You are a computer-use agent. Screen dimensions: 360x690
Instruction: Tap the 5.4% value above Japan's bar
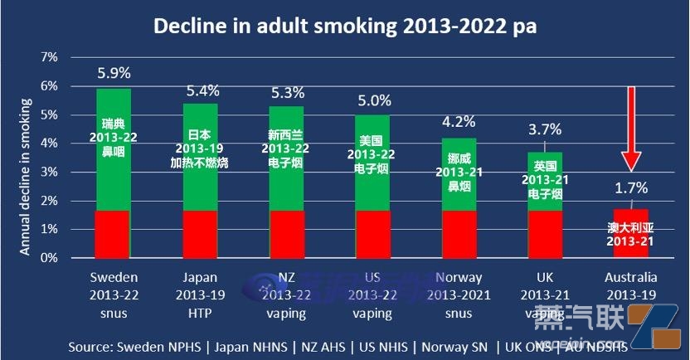pyautogui.click(x=202, y=90)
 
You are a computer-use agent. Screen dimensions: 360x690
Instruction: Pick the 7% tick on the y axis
pyautogui.click(x=48, y=57)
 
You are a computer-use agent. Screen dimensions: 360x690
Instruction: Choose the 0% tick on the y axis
pyautogui.click(x=48, y=258)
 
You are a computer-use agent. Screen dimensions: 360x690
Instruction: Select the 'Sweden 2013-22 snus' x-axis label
pyautogui.click(x=114, y=294)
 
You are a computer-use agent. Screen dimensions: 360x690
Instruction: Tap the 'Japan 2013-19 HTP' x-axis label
pyautogui.click(x=202, y=294)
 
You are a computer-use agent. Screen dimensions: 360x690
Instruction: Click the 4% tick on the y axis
pyautogui.click(x=48, y=144)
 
